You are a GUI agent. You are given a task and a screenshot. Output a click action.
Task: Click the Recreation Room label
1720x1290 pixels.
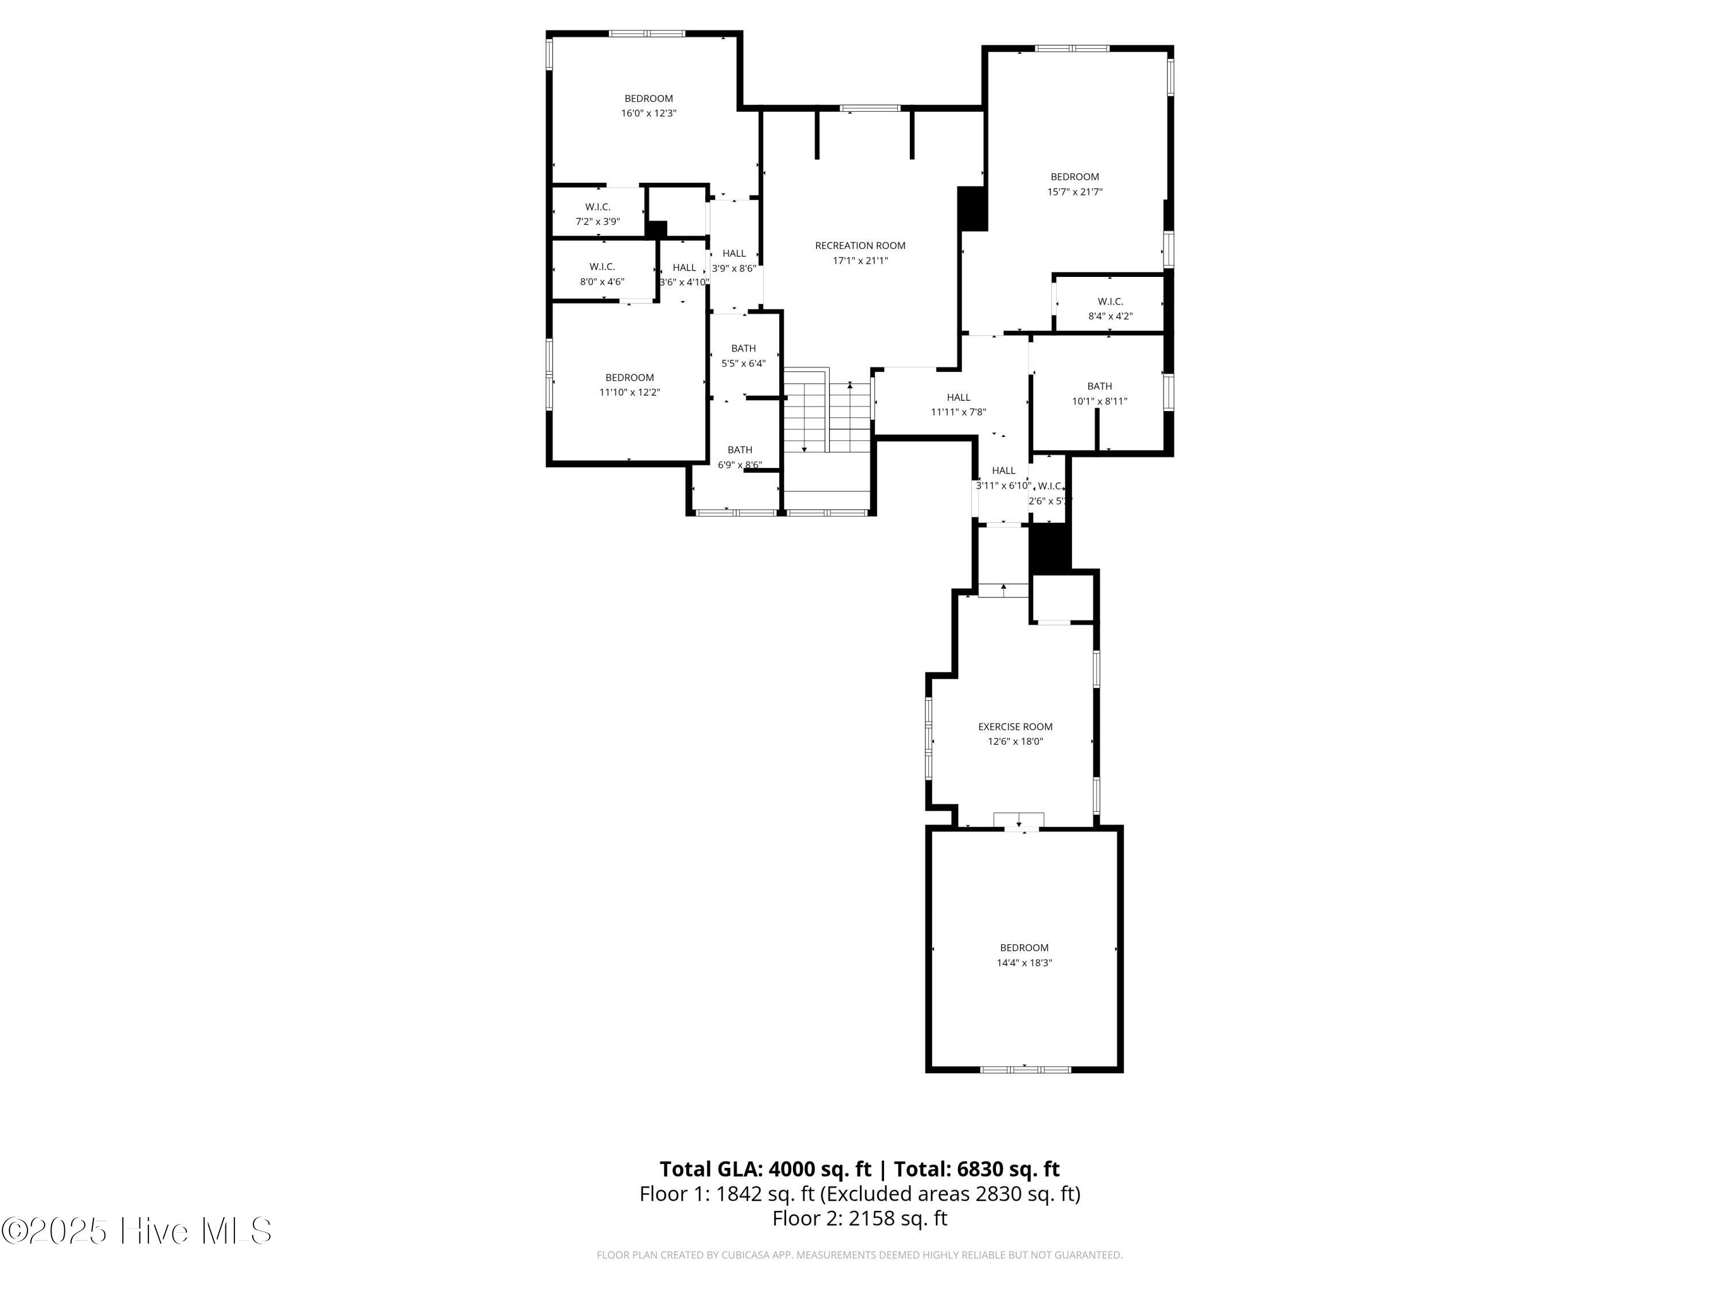(x=860, y=246)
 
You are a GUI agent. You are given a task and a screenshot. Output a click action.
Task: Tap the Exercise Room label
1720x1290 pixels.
(x=1015, y=727)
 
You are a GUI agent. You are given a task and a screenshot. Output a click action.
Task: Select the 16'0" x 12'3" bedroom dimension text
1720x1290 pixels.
(x=648, y=114)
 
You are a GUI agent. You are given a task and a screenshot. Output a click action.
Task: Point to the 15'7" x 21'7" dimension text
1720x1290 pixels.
(x=1074, y=192)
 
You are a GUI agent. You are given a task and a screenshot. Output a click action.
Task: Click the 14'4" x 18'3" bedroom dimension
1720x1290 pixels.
(x=1024, y=963)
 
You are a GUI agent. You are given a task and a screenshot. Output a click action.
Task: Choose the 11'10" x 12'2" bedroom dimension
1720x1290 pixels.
(x=629, y=393)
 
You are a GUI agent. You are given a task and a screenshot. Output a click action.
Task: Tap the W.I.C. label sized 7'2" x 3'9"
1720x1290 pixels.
(x=597, y=207)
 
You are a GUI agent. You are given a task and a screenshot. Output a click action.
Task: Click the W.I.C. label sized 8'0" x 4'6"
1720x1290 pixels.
(x=602, y=267)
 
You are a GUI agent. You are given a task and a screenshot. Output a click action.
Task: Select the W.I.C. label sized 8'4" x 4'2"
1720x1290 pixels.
(x=1109, y=302)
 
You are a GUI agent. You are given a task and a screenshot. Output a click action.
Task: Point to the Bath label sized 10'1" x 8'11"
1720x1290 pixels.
(x=1099, y=386)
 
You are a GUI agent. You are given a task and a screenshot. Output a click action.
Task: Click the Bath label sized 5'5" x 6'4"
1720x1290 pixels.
(x=744, y=349)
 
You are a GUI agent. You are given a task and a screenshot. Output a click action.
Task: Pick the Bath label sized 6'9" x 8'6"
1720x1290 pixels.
(x=740, y=450)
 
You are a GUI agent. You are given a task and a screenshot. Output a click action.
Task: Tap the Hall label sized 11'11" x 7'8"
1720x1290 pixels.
(x=958, y=397)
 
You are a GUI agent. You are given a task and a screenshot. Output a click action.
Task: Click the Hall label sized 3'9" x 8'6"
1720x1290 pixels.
(x=734, y=253)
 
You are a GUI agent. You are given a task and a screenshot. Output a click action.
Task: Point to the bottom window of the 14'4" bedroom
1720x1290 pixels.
(x=1025, y=1070)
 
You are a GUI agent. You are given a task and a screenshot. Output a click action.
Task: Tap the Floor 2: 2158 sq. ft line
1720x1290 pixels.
(x=859, y=1218)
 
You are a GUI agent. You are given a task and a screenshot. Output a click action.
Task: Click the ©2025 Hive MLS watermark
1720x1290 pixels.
(x=136, y=1231)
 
